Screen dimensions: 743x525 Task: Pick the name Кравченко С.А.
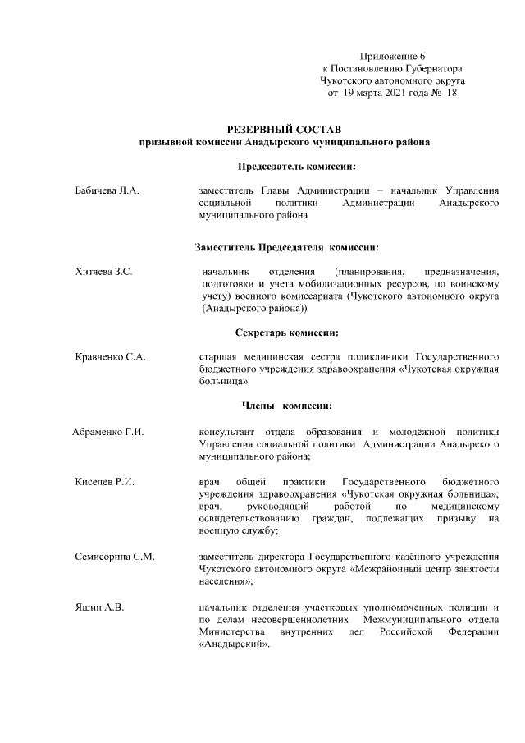110,357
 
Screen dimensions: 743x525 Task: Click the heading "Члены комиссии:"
286,406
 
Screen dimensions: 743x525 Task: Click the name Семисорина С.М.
115,557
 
